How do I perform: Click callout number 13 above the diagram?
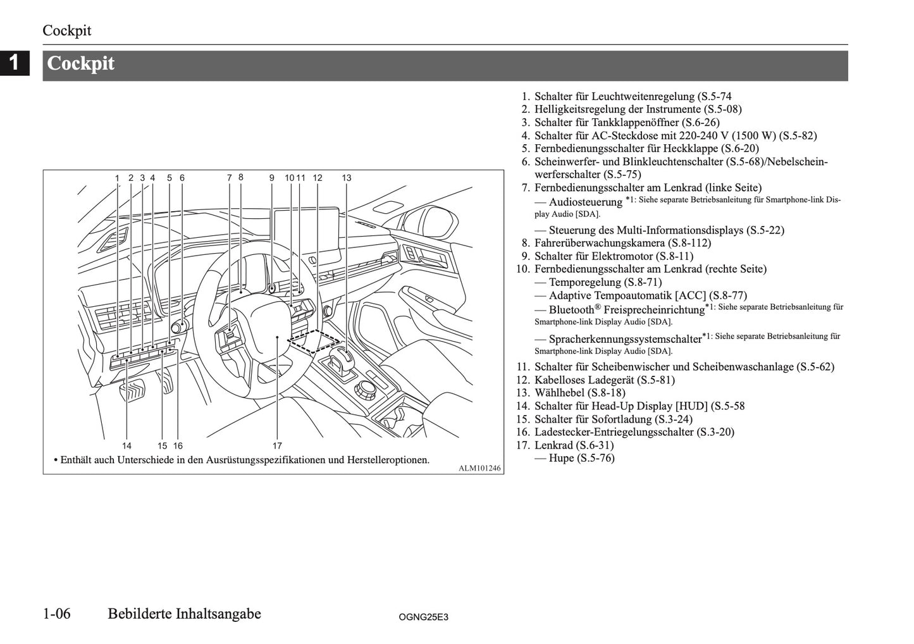(x=347, y=178)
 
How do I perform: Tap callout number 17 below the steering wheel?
(x=277, y=445)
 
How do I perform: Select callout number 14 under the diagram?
(x=127, y=445)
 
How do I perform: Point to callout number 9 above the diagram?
(x=271, y=178)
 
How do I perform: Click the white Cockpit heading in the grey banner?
(x=81, y=64)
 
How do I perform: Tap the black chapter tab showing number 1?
(x=15, y=63)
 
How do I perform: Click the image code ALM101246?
(x=479, y=468)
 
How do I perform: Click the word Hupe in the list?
(x=561, y=458)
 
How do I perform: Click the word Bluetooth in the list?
(x=571, y=310)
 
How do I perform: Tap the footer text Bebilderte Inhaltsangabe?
(x=184, y=614)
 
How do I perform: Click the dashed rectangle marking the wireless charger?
(x=314, y=340)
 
